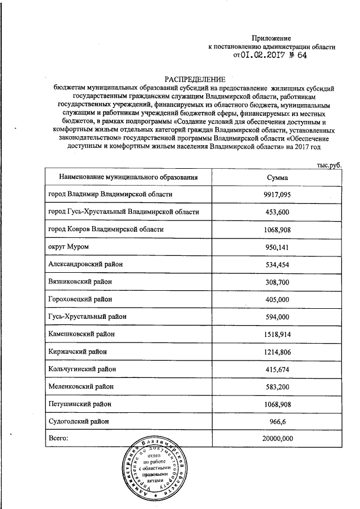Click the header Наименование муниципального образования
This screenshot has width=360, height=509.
[x=129, y=178]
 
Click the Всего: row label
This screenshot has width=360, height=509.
[x=58, y=438]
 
